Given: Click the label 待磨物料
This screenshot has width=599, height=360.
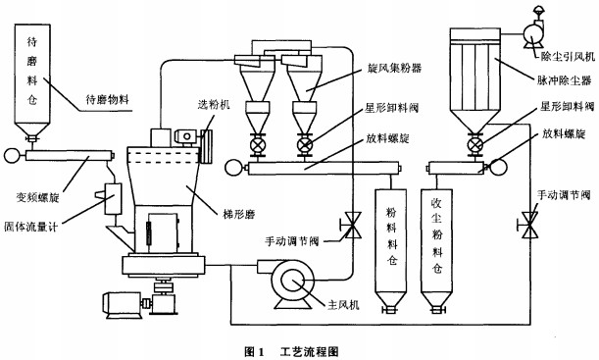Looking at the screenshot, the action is coord(107,100).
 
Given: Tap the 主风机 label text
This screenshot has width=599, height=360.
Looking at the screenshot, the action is coord(343,305).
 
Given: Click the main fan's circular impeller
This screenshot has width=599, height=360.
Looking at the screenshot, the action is coord(293,282).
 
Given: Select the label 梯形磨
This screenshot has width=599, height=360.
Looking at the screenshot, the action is coord(239,214).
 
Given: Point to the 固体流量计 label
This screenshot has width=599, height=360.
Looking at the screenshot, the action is coord(30,227).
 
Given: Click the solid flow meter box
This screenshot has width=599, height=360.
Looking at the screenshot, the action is coord(113,199).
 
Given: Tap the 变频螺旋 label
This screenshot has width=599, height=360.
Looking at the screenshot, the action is coord(38,197).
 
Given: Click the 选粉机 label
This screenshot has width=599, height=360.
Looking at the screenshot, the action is coord(214,104).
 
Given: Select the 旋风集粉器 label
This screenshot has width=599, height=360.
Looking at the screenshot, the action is coord(395,68).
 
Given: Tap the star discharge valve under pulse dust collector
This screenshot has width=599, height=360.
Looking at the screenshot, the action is coord(475,145).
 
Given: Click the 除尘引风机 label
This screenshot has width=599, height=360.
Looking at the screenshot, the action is coord(568,57).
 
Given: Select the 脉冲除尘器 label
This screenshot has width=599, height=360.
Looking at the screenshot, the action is coord(565,80).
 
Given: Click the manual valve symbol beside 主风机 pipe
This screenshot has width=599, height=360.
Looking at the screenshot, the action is coord(352,227).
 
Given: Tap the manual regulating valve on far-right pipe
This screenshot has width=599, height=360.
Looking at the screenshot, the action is coord(529,226).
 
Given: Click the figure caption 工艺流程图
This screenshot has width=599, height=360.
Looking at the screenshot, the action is coord(310,351).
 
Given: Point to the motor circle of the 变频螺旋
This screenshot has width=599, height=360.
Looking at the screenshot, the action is coord(12,156).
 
